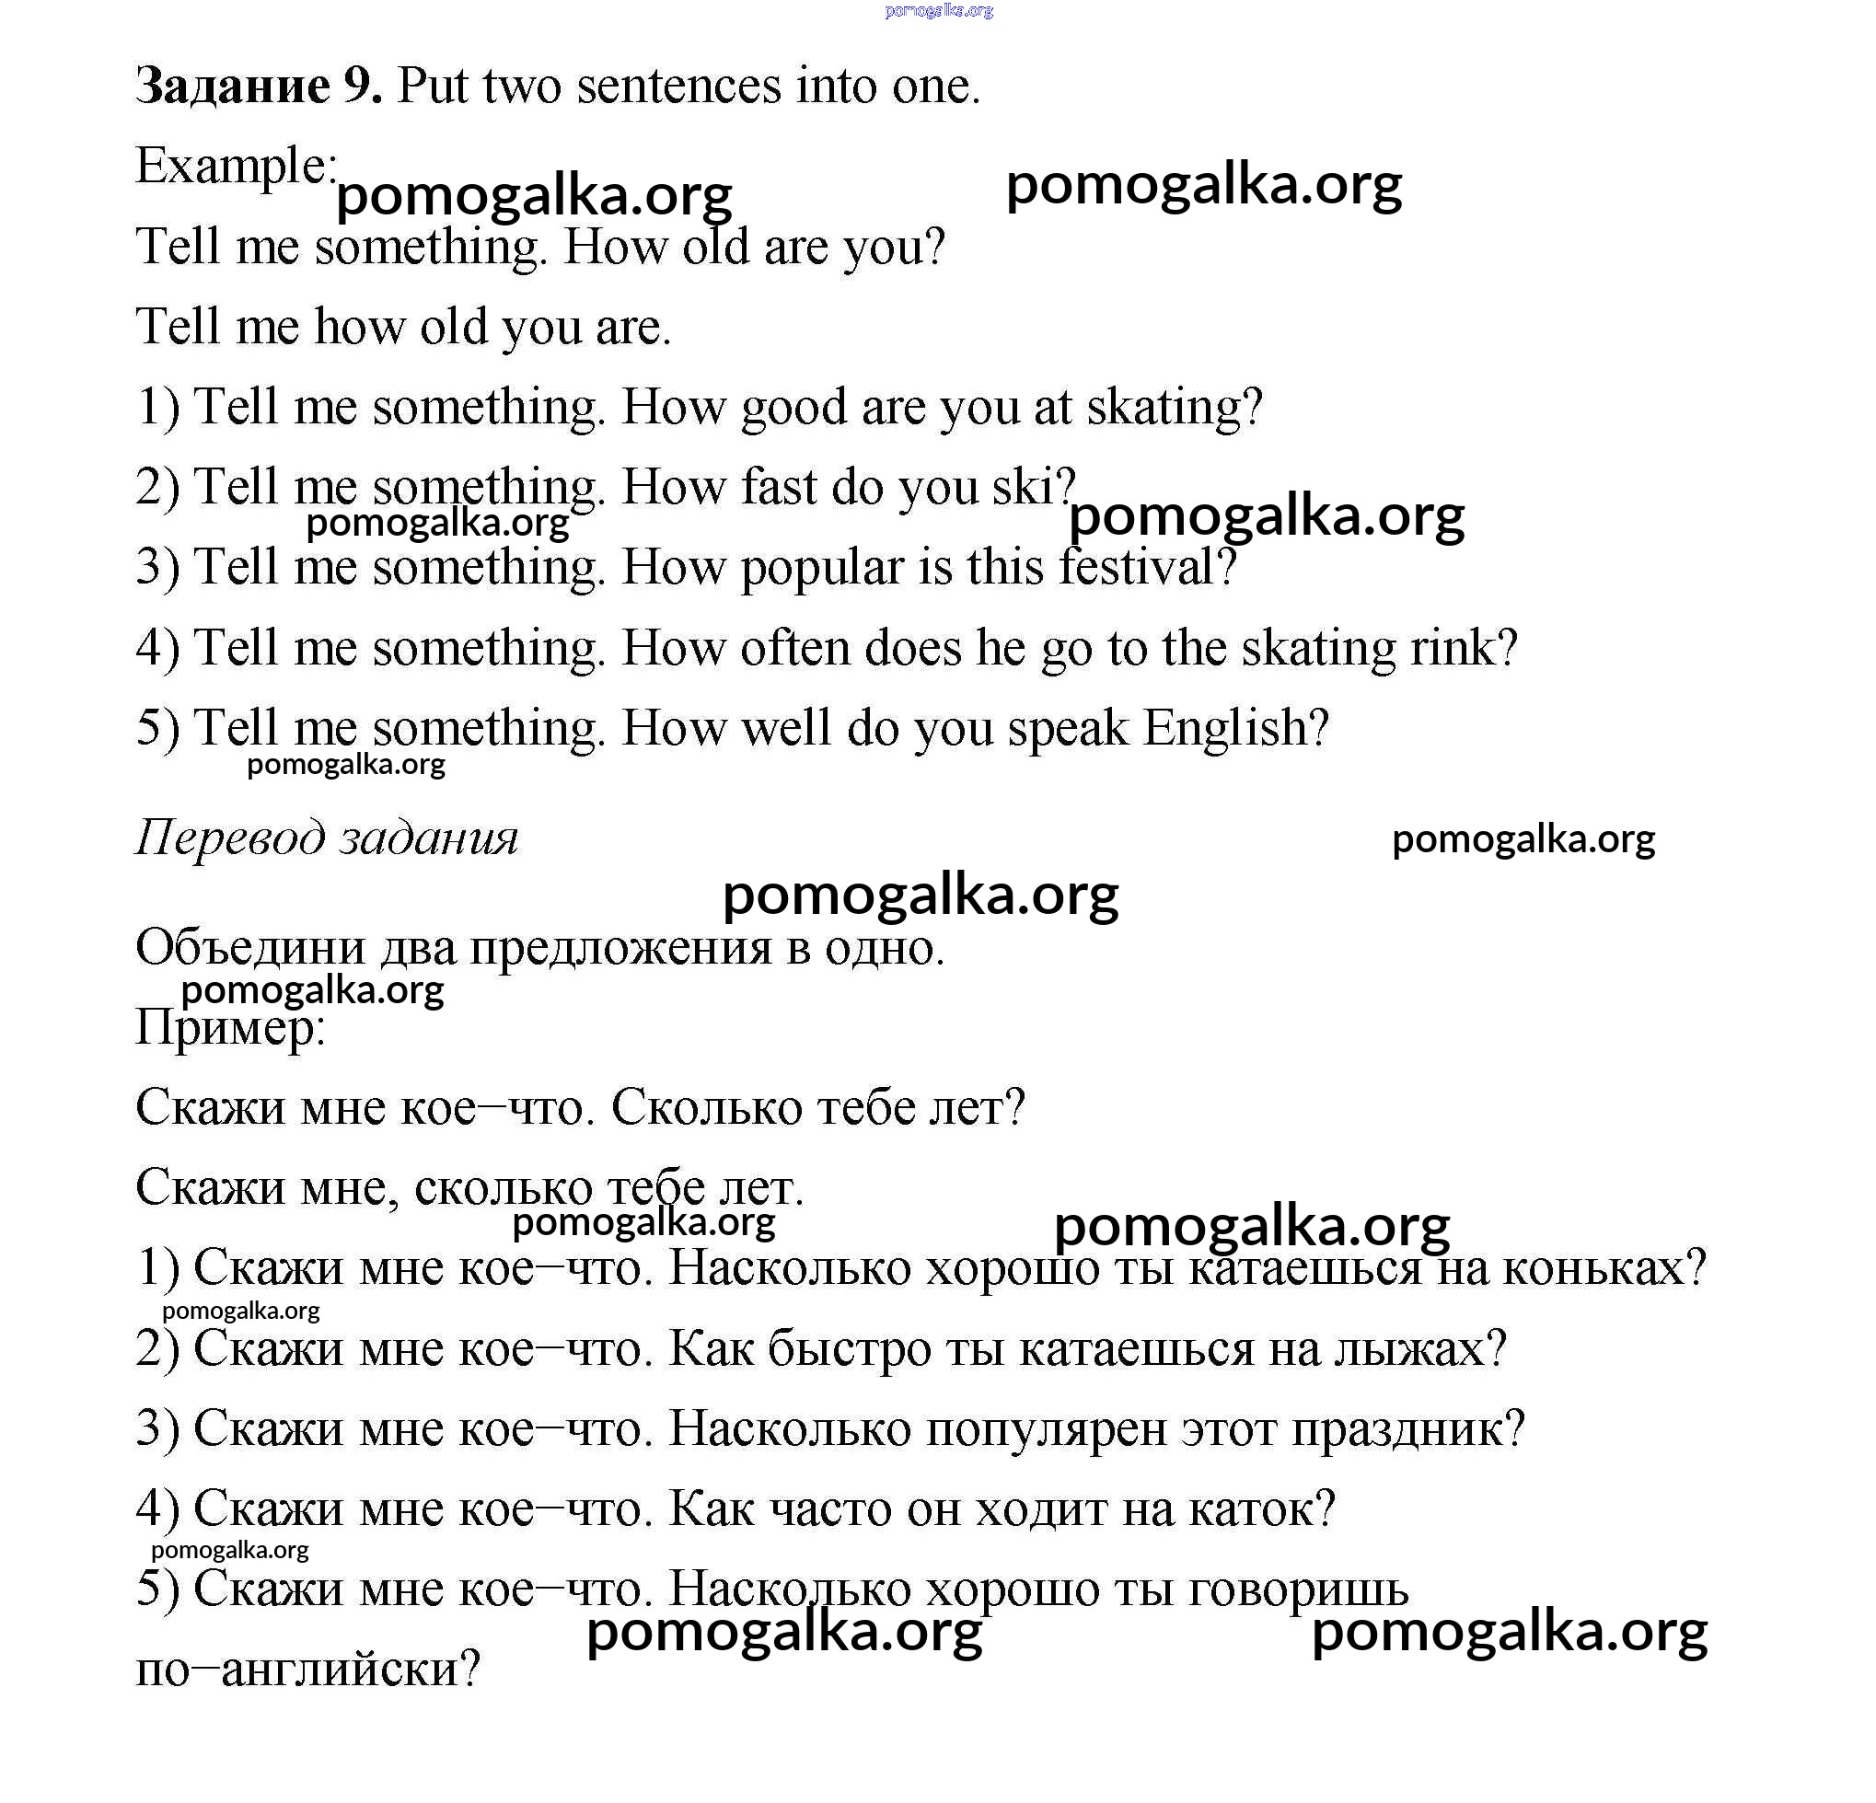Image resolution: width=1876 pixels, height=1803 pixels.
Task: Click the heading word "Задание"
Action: coord(233,87)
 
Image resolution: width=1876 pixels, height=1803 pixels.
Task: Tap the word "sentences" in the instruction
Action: coord(679,87)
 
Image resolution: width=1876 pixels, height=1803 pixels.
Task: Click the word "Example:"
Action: coord(236,167)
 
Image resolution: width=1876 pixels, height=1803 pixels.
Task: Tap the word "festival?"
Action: coord(1148,568)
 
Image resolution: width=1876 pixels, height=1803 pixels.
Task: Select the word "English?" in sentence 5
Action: coord(1235,728)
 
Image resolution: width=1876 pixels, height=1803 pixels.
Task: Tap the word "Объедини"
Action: coord(250,948)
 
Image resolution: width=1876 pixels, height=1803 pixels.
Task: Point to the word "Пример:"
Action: coord(231,1029)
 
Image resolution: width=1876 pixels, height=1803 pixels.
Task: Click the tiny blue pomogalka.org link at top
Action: coord(939,10)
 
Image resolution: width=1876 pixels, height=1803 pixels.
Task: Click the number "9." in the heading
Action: coord(363,87)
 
